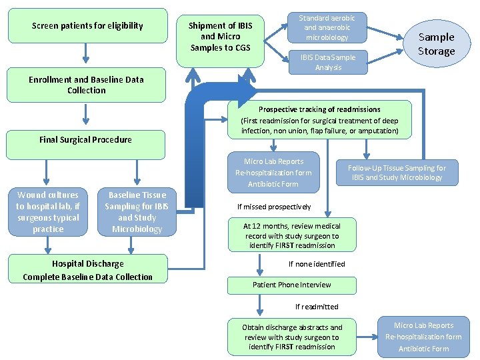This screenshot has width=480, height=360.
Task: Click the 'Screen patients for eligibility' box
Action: click(x=87, y=26)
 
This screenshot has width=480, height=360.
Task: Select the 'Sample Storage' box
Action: click(x=436, y=44)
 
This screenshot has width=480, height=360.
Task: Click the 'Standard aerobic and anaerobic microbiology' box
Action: click(x=327, y=27)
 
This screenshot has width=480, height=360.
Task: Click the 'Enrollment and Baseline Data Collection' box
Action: click(x=87, y=85)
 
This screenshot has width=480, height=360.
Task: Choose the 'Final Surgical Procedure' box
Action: click(x=86, y=140)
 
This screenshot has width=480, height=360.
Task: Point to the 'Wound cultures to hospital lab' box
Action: click(x=48, y=212)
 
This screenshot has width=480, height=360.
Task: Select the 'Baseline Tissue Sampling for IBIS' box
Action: click(x=137, y=212)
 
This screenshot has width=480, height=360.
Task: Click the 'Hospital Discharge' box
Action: click(x=87, y=270)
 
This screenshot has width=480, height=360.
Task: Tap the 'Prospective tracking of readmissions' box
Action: click(x=319, y=120)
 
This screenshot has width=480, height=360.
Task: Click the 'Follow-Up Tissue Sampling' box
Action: click(x=397, y=172)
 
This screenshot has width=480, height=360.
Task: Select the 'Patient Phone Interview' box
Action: click(x=292, y=285)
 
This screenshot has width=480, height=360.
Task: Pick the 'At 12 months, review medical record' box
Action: click(x=292, y=235)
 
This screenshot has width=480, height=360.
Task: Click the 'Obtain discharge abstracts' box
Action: click(x=292, y=337)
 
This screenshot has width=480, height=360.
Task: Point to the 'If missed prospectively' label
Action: click(x=274, y=207)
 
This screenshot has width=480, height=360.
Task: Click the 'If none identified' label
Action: click(x=317, y=264)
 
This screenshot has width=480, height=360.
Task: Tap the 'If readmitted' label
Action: click(x=317, y=307)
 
